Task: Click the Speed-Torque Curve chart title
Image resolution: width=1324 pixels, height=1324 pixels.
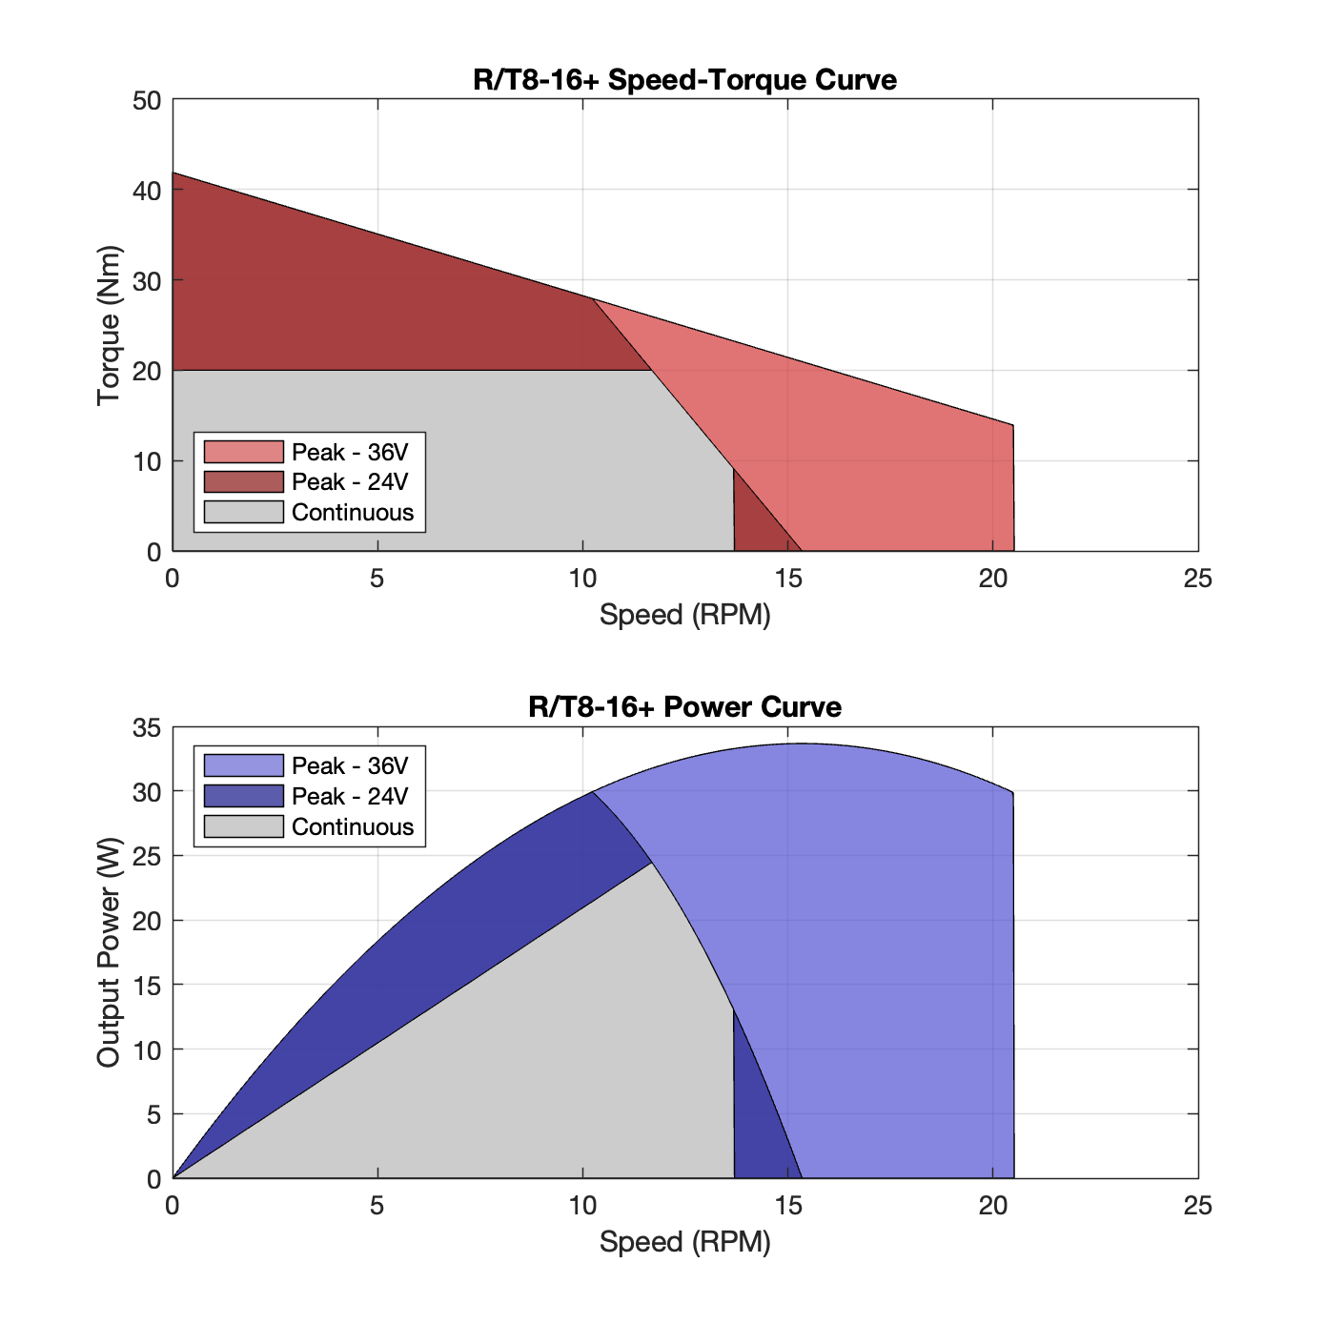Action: point(684,79)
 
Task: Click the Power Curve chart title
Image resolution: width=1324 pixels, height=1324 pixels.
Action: point(684,707)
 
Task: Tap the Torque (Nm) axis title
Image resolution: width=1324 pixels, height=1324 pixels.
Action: point(109,325)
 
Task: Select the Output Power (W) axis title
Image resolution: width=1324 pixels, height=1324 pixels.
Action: point(109,952)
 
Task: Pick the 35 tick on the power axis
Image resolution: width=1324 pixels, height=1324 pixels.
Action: point(147,728)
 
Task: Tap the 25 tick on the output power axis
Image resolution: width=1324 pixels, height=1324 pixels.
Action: point(147,857)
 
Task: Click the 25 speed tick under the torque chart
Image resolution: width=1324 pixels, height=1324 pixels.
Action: point(1197,579)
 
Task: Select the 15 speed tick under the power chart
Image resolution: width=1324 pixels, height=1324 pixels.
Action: point(787,1206)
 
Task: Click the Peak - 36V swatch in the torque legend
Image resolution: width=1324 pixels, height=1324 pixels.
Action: point(244,452)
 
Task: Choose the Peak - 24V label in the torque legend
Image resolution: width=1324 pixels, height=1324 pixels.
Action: point(350,482)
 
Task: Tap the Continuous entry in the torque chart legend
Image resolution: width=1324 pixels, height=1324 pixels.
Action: point(353,513)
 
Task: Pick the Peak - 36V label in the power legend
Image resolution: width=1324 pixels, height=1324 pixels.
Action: point(350,766)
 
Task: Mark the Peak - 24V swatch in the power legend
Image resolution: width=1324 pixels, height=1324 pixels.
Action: point(244,796)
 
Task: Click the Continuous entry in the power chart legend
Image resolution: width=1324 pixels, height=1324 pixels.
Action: point(353,826)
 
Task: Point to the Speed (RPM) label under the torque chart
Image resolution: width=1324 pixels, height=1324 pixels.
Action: point(684,615)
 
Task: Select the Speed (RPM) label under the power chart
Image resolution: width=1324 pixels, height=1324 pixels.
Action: point(684,1242)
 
